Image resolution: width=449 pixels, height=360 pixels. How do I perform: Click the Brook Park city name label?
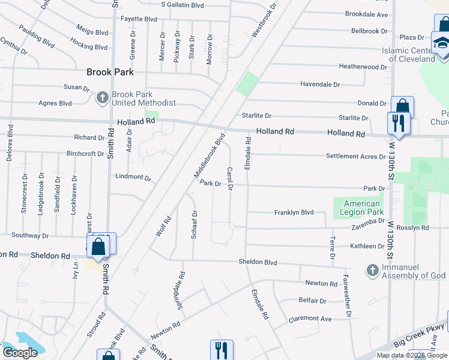(x=110, y=72)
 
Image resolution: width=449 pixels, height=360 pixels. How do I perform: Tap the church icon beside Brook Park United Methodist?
(x=103, y=96)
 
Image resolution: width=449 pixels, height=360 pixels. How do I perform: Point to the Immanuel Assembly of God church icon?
(x=372, y=270)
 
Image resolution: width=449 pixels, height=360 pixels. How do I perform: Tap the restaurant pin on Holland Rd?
(x=398, y=124)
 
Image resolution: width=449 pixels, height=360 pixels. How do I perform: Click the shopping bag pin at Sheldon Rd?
(x=98, y=245)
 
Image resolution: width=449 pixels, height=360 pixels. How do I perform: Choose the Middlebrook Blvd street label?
(x=209, y=155)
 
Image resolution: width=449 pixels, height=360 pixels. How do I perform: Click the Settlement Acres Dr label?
(x=355, y=157)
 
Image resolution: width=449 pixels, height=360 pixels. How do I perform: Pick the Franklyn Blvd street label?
(x=294, y=212)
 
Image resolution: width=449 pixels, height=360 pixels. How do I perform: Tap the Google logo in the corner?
(x=19, y=353)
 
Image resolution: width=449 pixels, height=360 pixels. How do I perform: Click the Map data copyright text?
(x=412, y=355)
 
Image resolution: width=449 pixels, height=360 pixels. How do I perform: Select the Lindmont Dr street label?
(x=133, y=178)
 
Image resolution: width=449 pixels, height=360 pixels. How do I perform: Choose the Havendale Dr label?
(x=320, y=85)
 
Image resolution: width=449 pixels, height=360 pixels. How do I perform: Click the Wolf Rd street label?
(x=163, y=226)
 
